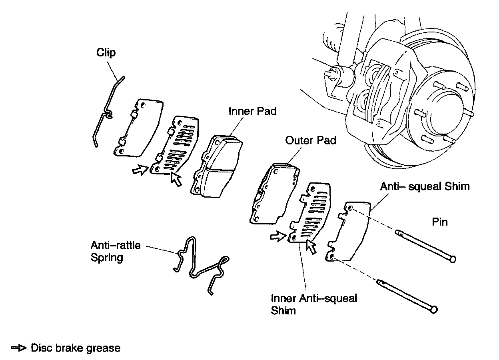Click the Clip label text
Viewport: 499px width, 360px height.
coord(106,52)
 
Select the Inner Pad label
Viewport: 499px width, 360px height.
coord(252,111)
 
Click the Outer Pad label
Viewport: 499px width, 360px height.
coord(311,140)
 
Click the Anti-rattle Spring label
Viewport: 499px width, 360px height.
coord(116,251)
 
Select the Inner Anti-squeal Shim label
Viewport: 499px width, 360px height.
coord(314,304)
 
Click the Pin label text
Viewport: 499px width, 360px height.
coord(439,222)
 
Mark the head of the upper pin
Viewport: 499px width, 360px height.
coord(453,260)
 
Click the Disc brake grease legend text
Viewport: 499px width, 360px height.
coord(75,348)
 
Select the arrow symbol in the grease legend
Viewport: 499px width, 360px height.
coord(19,348)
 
